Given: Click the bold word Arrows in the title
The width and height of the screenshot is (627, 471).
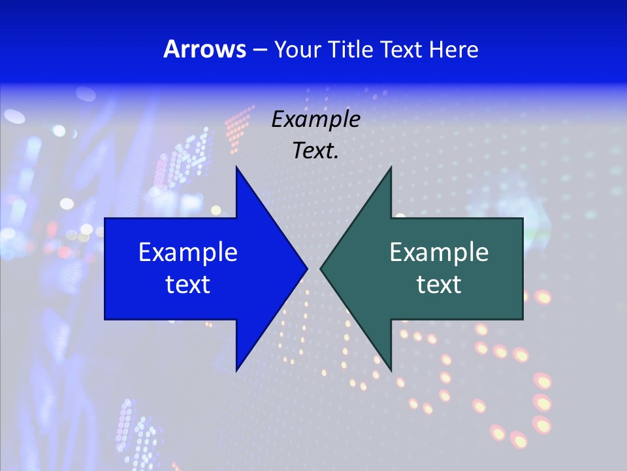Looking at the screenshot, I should (x=204, y=49).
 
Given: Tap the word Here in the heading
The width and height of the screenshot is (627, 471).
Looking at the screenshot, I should (x=453, y=49).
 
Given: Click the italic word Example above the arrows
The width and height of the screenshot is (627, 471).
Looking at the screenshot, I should (x=316, y=120).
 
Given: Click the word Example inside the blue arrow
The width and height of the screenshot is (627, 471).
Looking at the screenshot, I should (x=188, y=252).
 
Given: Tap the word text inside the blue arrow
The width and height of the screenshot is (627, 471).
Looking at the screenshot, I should (x=188, y=284).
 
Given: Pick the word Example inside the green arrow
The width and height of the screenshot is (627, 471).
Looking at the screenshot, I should (x=439, y=252).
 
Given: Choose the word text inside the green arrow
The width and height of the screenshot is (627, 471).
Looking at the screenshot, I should (x=439, y=284).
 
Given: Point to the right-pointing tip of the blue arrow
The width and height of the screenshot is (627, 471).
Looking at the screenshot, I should (x=307, y=268).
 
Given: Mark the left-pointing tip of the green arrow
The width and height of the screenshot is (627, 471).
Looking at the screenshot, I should (x=321, y=268).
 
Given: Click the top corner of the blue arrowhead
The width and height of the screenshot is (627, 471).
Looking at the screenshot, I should (x=236, y=167).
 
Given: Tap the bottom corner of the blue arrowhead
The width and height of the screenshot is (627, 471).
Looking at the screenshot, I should (x=236, y=370).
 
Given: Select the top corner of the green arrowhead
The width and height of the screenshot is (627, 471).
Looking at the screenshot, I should (x=391, y=167).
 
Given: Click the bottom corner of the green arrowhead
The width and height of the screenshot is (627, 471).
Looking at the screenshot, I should (x=391, y=370).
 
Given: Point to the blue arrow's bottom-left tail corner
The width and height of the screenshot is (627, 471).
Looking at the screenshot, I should (x=105, y=319).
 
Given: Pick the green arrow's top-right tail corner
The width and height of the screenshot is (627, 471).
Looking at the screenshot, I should (x=522, y=218).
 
